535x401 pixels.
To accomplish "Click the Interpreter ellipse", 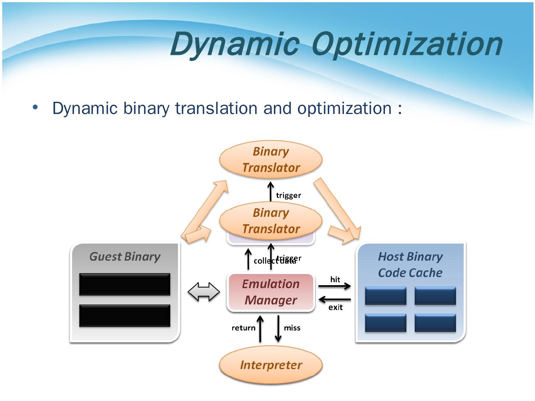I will pos(270,365).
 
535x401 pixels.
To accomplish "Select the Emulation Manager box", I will pos(270,292).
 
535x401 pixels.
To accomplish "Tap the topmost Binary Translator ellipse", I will pos(270,160).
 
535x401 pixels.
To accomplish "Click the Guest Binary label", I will pos(125,257).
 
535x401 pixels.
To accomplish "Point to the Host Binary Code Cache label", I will pos(410,265).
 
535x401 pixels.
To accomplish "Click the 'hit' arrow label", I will pos(335,280).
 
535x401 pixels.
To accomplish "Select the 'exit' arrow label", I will pos(335,307).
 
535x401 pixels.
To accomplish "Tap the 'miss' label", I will pos(292,328).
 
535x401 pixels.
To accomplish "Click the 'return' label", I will pos(243,328).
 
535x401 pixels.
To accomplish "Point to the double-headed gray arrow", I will pos(204,292).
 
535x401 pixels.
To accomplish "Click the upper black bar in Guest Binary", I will pos(124,284).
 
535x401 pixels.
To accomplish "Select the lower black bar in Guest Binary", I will pos(124,316).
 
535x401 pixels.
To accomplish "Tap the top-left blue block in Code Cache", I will pos(386,296).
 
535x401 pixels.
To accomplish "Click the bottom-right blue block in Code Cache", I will pos(435,323).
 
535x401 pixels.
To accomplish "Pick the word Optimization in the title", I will pos(407,45).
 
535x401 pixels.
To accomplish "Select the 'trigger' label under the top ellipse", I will pos(288,195).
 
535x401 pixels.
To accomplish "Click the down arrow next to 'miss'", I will pos(278,329).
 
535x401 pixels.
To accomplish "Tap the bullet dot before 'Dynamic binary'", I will pos(35,107).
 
